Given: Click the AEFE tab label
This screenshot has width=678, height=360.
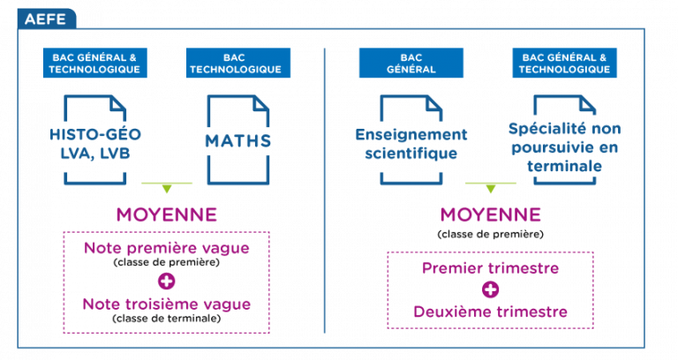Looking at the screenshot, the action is pyautogui.click(x=45, y=19).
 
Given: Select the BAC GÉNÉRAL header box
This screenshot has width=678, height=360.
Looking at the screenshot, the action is pyautogui.click(x=411, y=64).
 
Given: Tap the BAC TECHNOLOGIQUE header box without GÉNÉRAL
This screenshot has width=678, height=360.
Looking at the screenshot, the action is pyautogui.click(x=238, y=64).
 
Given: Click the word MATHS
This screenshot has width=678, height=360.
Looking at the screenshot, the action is pyautogui.click(x=238, y=141).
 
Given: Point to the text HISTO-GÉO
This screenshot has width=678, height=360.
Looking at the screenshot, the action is pyautogui.click(x=95, y=134).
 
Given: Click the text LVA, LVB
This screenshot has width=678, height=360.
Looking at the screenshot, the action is pyautogui.click(x=95, y=154).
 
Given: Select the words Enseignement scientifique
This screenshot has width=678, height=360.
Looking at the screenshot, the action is pyautogui.click(x=411, y=144).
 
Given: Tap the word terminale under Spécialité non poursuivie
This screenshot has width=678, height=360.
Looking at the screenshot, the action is pyautogui.click(x=564, y=166).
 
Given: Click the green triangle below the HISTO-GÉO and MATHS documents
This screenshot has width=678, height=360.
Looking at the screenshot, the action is pyautogui.click(x=167, y=189).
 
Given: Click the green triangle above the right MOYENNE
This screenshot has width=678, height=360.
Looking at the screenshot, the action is pyautogui.click(x=490, y=189).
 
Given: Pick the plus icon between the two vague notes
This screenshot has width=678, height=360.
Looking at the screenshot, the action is pyautogui.click(x=167, y=281).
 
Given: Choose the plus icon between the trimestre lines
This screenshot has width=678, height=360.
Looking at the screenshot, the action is pyautogui.click(x=490, y=289).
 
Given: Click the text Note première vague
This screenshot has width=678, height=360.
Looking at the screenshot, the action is pyautogui.click(x=167, y=248).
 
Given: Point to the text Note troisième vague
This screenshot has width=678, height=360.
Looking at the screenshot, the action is pyautogui.click(x=167, y=304).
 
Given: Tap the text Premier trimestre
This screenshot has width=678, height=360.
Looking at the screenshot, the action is pyautogui.click(x=490, y=268).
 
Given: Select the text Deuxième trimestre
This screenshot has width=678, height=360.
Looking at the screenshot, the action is pyautogui.click(x=490, y=311).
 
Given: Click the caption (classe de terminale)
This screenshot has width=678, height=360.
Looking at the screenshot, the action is pyautogui.click(x=167, y=319).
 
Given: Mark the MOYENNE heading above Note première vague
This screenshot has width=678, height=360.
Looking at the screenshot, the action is pyautogui.click(x=167, y=214).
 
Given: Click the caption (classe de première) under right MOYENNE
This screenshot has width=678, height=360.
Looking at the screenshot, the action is pyautogui.click(x=490, y=234).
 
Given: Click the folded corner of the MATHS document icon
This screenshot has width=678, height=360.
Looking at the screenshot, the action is pyautogui.click(x=260, y=104).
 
